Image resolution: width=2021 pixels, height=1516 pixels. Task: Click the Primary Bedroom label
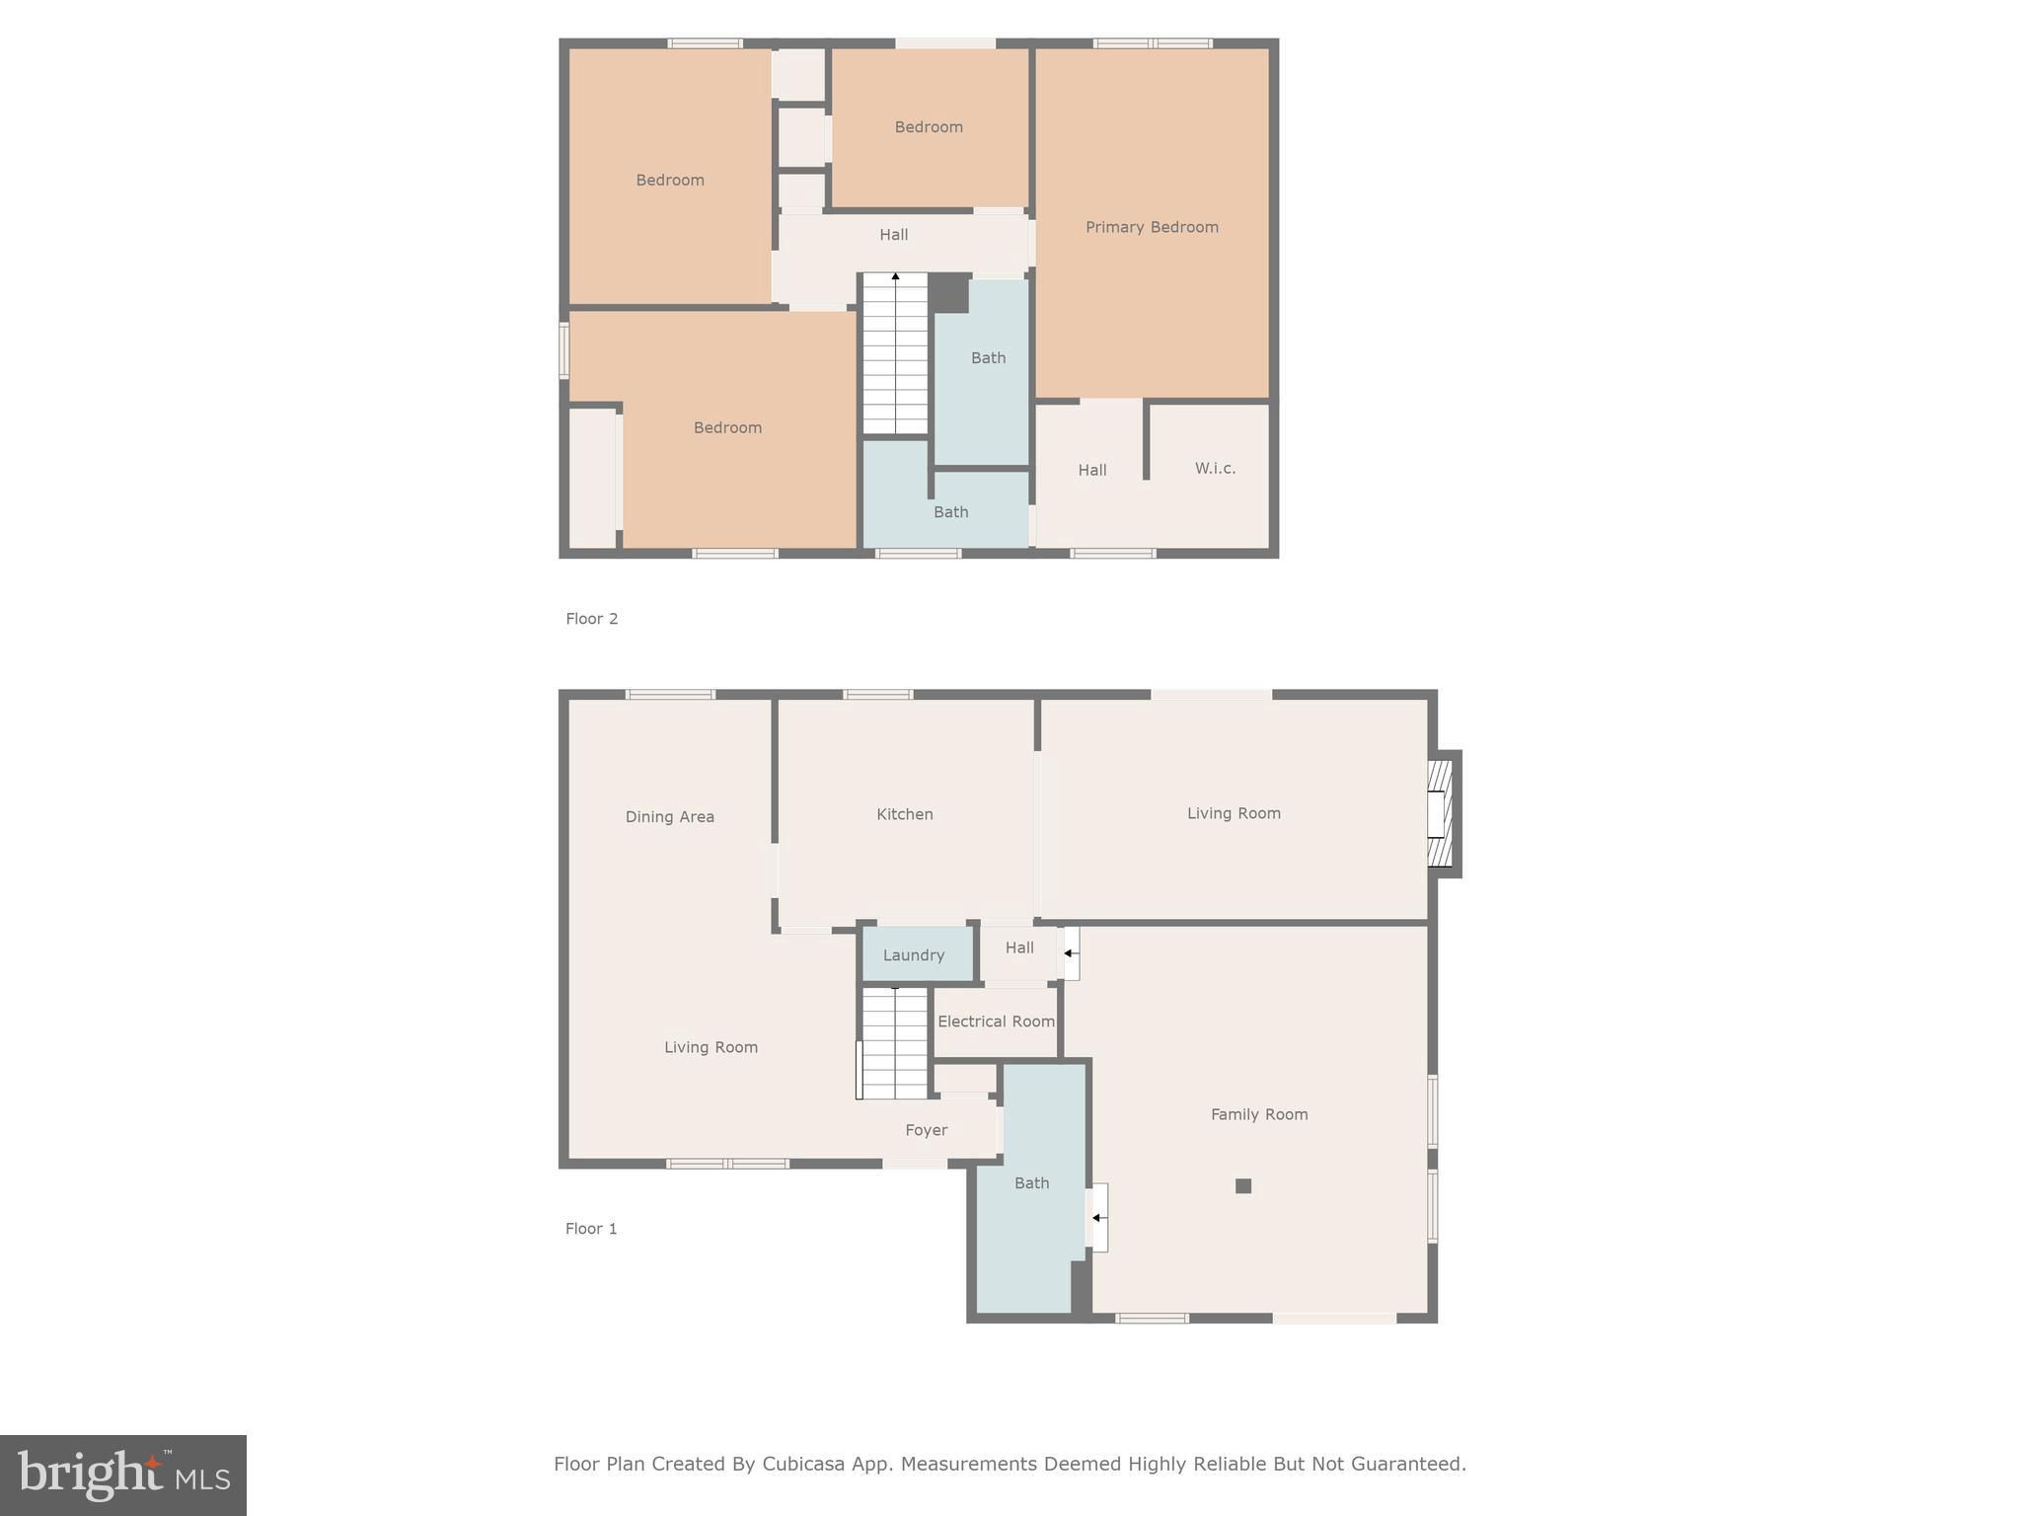(x=1152, y=227)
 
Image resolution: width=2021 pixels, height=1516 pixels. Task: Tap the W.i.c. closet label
(x=1215, y=468)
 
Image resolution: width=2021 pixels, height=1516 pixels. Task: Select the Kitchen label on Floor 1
(x=905, y=814)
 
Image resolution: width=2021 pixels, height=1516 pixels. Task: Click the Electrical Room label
(x=996, y=1022)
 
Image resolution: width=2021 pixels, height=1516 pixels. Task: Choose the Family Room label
(x=1259, y=1114)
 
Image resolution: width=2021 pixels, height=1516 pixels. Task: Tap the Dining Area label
(x=669, y=816)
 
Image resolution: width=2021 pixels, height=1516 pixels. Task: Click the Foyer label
(x=926, y=1130)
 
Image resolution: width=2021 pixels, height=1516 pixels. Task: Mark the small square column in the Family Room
(x=1243, y=1186)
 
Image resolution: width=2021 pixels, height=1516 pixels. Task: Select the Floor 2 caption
(x=591, y=619)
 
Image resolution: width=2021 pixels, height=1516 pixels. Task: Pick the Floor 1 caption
(x=591, y=1229)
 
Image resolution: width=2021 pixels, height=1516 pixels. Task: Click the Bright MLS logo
(x=123, y=1476)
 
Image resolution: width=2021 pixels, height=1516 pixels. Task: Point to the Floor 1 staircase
(x=894, y=1042)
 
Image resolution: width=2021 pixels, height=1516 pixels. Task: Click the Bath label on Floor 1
(x=1031, y=1183)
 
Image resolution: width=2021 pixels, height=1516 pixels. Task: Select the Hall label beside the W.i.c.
(x=1091, y=471)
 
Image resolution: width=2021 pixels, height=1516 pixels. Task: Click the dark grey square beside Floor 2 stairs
(x=948, y=293)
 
